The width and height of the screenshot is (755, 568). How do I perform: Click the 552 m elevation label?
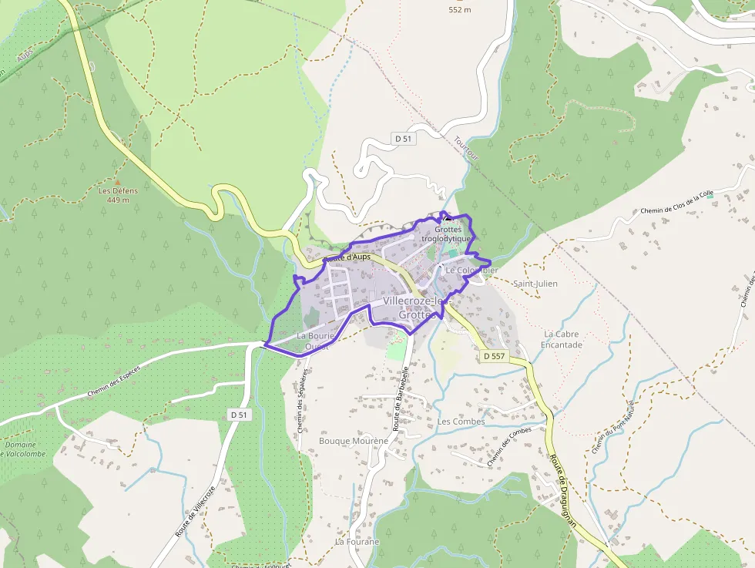[x=460, y=10]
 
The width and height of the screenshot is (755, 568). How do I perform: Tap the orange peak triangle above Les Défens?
[x=117, y=182]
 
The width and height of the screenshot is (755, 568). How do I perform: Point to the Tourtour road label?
[x=466, y=149]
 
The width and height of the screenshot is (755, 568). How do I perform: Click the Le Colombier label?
[x=471, y=271]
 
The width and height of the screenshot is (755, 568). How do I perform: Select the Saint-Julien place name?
[x=535, y=284]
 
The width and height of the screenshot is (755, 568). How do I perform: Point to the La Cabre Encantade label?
[x=562, y=339]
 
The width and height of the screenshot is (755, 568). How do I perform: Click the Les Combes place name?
[x=461, y=422]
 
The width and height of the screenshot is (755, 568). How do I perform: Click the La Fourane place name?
[x=357, y=542]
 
